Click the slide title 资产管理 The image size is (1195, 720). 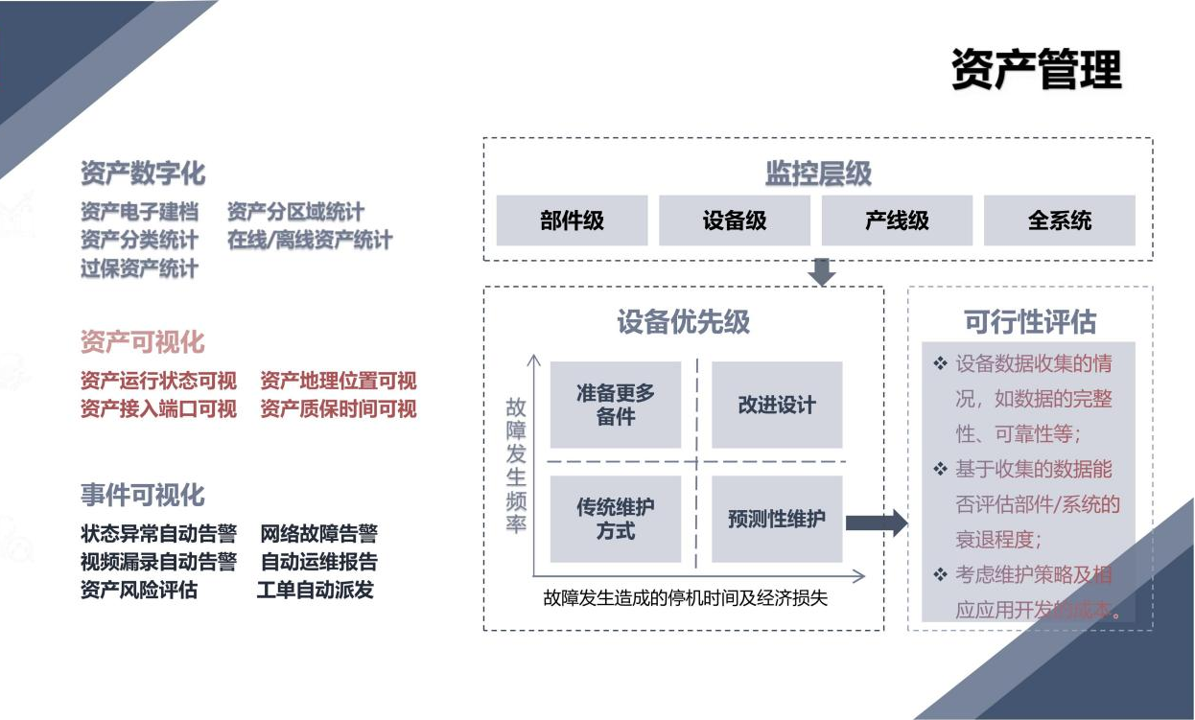1036,69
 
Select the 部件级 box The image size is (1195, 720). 572,221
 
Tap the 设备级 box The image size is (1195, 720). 735,221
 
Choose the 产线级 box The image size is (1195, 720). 897,221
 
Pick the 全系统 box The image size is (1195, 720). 1060,221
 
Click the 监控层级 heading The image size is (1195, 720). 818,174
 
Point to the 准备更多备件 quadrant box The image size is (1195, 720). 616,405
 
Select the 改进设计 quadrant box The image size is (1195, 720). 777,405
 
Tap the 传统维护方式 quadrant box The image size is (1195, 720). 616,519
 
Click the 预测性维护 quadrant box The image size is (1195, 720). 777,519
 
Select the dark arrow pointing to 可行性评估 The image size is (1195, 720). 877,523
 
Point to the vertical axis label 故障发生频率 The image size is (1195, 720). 516,466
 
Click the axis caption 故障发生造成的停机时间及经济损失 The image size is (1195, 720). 685,598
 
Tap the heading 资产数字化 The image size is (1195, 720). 143,174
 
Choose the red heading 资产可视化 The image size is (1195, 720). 143,342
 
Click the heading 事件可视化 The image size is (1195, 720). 143,495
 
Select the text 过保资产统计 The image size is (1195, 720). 139,268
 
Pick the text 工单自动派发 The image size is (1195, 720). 316,590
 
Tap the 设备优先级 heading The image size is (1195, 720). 683,322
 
